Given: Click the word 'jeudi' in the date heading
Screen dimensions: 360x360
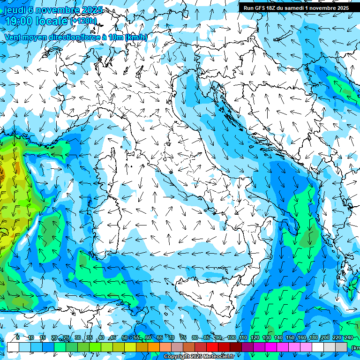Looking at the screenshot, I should [15, 10].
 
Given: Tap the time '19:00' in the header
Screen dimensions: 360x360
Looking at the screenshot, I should [18, 21].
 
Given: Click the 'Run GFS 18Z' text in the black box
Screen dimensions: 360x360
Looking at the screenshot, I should [260, 8].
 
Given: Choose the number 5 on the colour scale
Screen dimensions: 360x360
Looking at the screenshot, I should [18, 338].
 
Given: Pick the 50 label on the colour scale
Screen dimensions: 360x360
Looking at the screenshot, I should [124, 338].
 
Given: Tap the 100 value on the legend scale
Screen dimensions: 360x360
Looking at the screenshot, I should [231, 338].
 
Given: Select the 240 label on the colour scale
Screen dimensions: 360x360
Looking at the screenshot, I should [348, 338].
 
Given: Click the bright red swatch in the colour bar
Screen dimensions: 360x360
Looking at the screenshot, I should [212, 347].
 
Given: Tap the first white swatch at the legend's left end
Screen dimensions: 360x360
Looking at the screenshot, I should [13, 347].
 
